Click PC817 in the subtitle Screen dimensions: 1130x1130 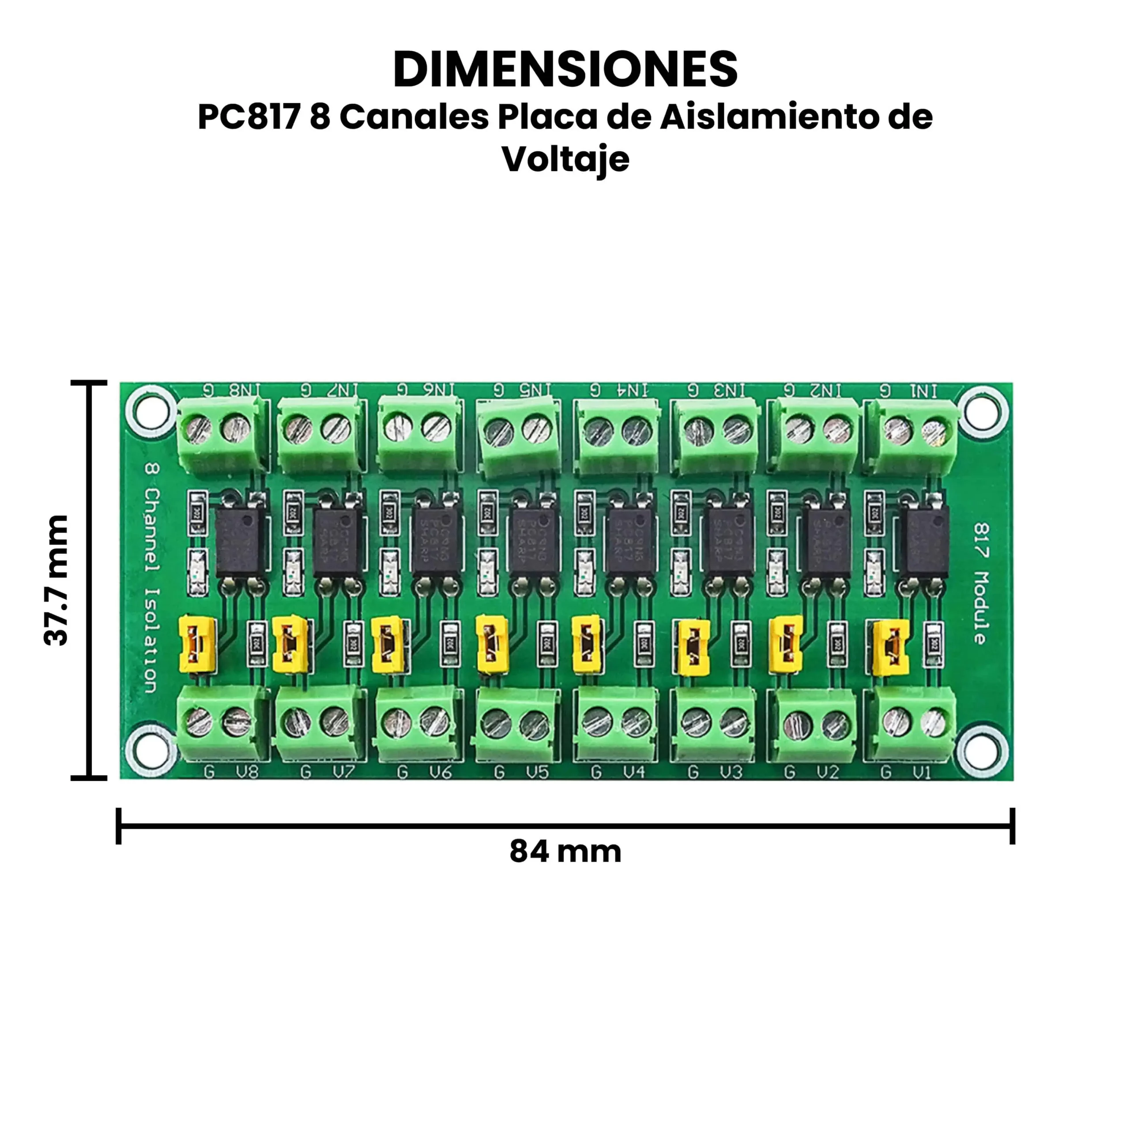(x=249, y=117)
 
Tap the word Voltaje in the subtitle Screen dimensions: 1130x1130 (x=565, y=158)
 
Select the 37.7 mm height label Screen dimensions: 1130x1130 (x=57, y=580)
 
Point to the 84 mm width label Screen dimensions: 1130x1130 (x=565, y=851)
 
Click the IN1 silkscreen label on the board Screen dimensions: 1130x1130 (x=923, y=391)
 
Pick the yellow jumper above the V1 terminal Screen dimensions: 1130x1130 (x=891, y=648)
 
